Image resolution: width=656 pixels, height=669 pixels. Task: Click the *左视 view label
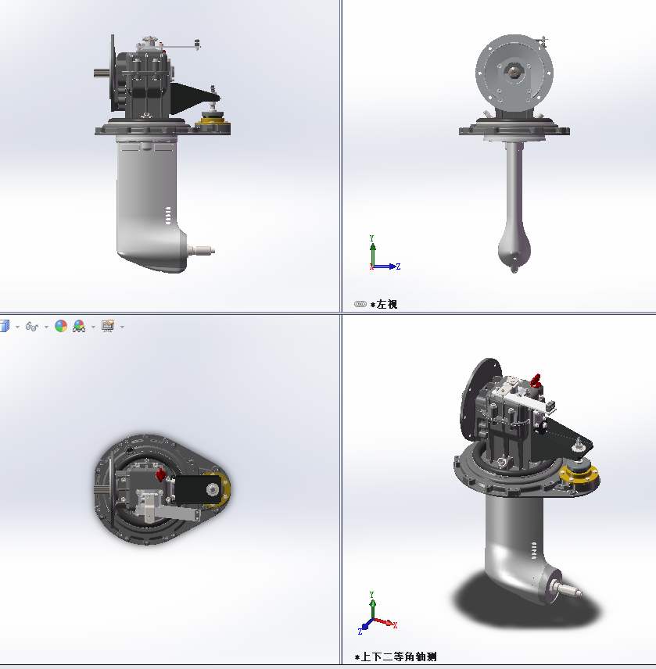click(384, 304)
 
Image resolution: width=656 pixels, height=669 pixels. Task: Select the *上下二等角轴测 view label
click(396, 656)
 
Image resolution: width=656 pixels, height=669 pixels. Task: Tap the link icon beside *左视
click(360, 304)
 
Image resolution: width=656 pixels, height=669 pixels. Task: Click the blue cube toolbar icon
click(4, 327)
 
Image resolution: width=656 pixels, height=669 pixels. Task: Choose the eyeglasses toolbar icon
click(32, 327)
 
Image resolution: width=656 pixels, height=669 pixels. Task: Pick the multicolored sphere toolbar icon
click(61, 327)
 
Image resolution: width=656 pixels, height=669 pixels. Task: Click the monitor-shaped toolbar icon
click(108, 327)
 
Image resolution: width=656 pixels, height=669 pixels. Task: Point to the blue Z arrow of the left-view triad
click(385, 267)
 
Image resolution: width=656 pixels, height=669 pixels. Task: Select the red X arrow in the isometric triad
click(385, 622)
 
